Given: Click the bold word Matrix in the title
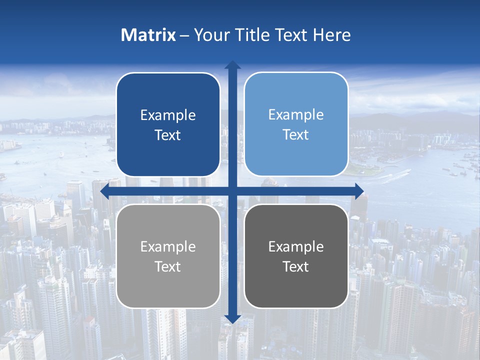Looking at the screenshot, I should (x=148, y=35).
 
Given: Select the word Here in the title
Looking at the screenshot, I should (x=332, y=35).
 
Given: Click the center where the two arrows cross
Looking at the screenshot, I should (x=232, y=191).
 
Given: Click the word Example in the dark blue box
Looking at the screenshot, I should (x=168, y=115).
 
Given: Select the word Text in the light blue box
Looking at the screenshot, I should (x=296, y=135).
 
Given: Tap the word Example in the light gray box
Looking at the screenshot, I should (x=168, y=247).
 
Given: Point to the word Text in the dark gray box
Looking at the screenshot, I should (x=296, y=267).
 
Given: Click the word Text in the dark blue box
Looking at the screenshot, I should (x=168, y=135).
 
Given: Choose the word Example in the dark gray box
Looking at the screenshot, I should (x=296, y=247).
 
